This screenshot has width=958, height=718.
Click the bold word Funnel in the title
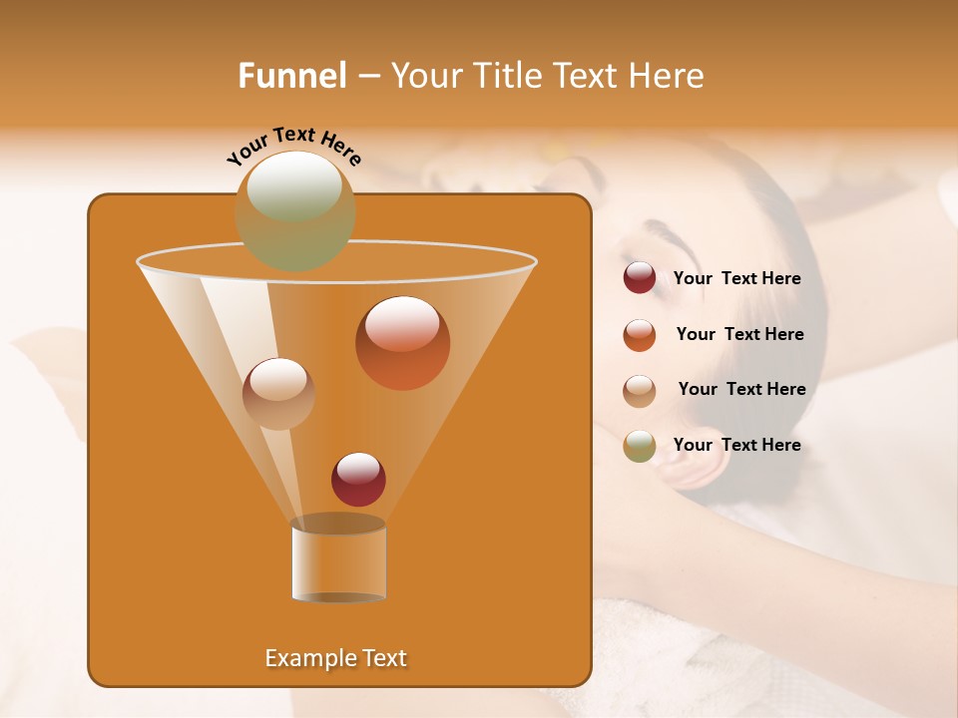point(292,76)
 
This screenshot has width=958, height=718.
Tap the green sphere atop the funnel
point(294,209)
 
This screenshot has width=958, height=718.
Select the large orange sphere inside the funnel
point(402,343)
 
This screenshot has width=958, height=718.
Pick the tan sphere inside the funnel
point(278,393)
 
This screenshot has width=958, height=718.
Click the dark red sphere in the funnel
point(358,479)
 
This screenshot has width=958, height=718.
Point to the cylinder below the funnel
point(338,560)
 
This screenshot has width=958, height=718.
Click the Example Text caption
point(336,658)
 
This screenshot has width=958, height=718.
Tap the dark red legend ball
point(640,278)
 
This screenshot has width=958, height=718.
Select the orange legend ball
point(640,335)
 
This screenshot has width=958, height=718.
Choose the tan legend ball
point(640,390)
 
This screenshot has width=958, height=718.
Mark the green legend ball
point(640,446)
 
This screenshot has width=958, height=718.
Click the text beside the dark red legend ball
point(736,279)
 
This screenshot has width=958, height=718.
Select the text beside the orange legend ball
point(739,335)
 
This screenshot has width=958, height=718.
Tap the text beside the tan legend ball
point(741,390)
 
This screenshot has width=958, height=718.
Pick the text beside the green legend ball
point(736,446)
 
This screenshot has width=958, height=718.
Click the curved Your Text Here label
point(293,146)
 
